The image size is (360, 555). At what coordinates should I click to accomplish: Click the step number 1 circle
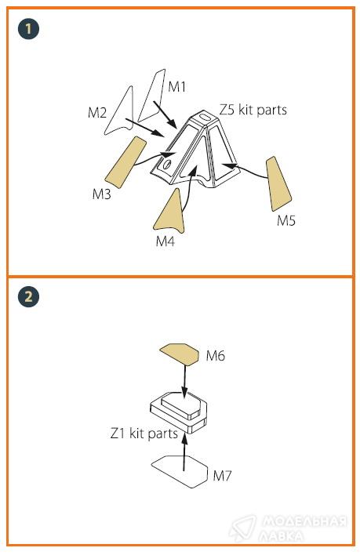28,28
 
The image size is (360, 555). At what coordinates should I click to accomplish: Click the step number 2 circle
28,296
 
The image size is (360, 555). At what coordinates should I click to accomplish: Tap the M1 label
176,86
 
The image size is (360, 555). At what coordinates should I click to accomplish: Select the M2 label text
97,113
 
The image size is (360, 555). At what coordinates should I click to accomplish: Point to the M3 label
102,194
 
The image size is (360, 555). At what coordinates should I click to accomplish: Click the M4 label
165,241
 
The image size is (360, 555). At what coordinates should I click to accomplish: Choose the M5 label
286,220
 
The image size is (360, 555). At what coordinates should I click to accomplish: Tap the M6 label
216,355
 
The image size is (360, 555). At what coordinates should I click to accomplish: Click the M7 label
222,475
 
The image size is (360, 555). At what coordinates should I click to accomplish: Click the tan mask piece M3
125,162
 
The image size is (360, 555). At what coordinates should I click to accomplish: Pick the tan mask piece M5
278,184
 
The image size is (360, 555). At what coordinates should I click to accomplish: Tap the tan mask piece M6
180,354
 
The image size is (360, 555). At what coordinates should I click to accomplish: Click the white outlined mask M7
180,472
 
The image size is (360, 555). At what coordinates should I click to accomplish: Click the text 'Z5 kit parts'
253,110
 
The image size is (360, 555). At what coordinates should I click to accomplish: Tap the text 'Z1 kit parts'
144,433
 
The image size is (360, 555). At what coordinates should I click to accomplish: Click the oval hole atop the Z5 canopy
205,117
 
